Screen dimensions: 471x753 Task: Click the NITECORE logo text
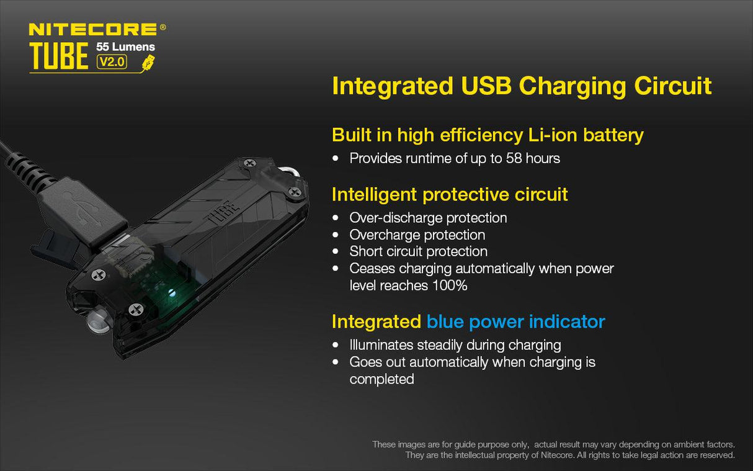93,29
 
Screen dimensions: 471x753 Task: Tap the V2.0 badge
112,61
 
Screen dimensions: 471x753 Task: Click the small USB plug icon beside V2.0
148,62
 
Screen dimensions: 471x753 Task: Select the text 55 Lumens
125,47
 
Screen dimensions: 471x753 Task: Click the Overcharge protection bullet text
417,235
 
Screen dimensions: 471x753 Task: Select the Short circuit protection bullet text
418,251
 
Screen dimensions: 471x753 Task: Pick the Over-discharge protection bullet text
428,218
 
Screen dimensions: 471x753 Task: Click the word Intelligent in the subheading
374,194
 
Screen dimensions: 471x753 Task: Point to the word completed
381,379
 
